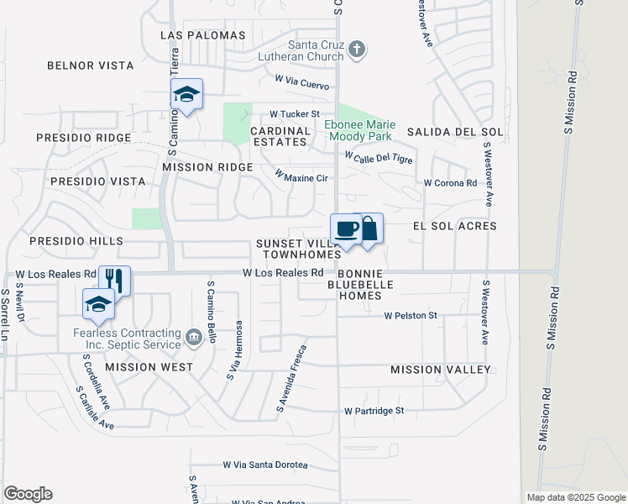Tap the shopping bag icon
(x=368, y=228)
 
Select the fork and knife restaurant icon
(x=114, y=281)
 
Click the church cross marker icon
(x=357, y=50)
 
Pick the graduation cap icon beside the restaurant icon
(x=98, y=304)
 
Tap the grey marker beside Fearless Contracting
(x=195, y=338)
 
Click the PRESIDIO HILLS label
(x=76, y=241)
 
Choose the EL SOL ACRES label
(x=454, y=226)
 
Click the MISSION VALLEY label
(x=441, y=370)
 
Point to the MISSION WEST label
(x=149, y=367)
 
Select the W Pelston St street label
(x=411, y=316)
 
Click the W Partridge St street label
(x=374, y=411)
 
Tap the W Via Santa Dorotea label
(x=264, y=465)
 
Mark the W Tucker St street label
(x=295, y=113)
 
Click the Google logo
(x=28, y=494)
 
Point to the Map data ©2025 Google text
(x=575, y=497)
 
